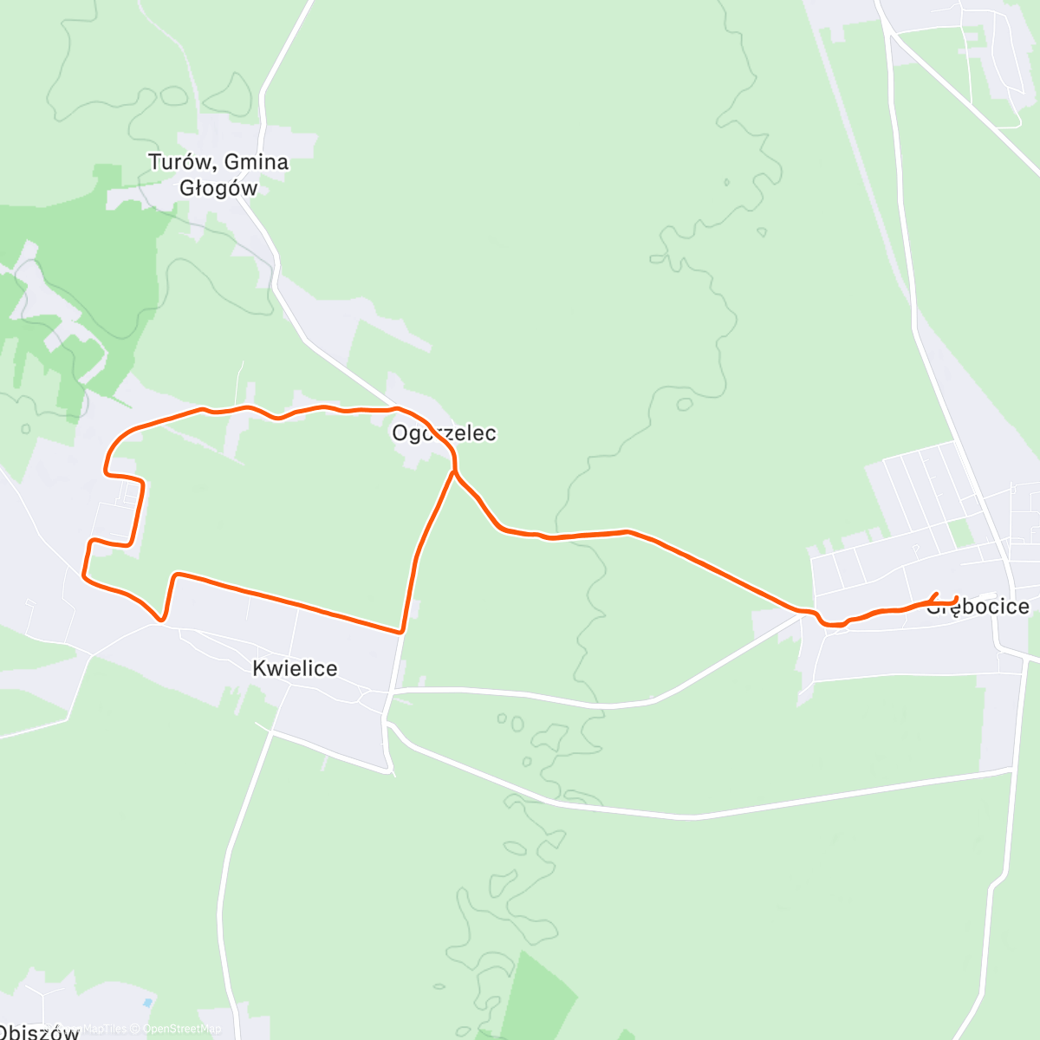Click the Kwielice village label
coord(295,668)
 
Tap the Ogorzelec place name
coord(444,432)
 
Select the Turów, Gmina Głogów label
coord(218,174)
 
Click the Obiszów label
coord(39,1031)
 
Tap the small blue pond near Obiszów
coord(147,1003)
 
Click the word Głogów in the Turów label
coord(218,187)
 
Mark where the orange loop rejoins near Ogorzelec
coord(453,472)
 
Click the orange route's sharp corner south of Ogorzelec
coord(401,631)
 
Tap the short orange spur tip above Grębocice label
coord(937,594)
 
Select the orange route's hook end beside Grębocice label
coord(955,599)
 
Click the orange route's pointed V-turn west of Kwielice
coord(161,619)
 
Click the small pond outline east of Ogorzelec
coord(684,404)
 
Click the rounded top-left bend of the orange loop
coord(117,439)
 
